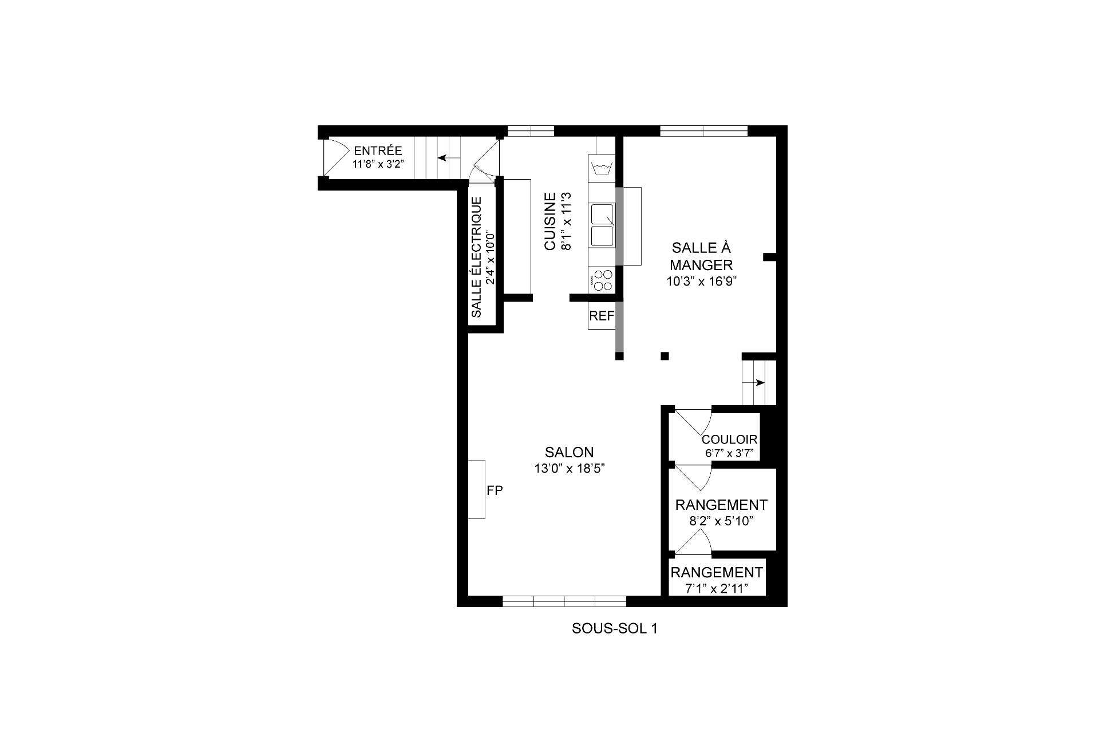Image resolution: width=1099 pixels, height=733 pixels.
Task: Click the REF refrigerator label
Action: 602,316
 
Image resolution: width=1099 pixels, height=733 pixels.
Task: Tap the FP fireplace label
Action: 495,490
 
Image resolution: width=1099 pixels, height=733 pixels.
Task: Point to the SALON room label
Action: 569,452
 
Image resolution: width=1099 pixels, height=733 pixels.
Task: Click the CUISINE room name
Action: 550,221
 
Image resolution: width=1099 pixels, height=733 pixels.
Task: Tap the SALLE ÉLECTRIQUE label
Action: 476,257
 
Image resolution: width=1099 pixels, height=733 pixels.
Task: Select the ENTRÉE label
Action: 378,151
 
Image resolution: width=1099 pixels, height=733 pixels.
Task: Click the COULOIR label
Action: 729,439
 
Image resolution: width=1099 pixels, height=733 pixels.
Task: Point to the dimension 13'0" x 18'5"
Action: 569,468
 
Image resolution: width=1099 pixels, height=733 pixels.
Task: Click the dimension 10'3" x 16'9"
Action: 701,281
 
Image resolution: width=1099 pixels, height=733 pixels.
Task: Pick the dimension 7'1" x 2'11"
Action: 717,588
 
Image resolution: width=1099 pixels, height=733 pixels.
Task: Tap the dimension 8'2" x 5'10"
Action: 721,521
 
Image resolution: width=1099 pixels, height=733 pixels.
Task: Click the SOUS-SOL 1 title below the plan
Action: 615,628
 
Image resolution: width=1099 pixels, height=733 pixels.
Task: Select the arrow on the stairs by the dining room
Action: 760,382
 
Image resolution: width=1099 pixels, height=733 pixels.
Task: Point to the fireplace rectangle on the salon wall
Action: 477,489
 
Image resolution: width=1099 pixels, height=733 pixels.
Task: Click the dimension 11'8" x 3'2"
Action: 378,164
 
